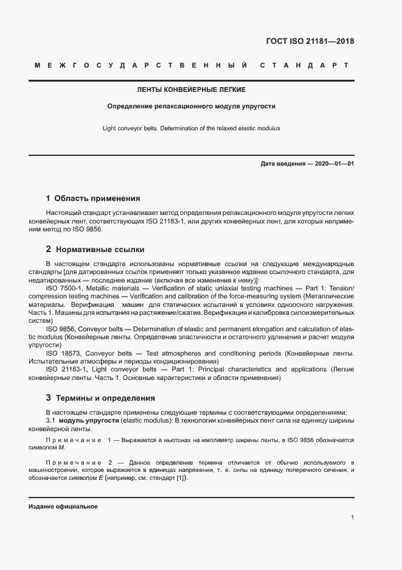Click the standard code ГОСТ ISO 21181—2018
310,42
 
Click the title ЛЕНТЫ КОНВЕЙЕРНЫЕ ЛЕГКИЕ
192,90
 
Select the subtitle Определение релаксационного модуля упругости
192,106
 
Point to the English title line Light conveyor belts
192,128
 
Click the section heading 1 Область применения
93,198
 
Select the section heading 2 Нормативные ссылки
95,249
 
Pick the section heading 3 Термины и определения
100,398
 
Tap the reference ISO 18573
62,353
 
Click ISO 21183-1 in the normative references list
64,370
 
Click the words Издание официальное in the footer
63,507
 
